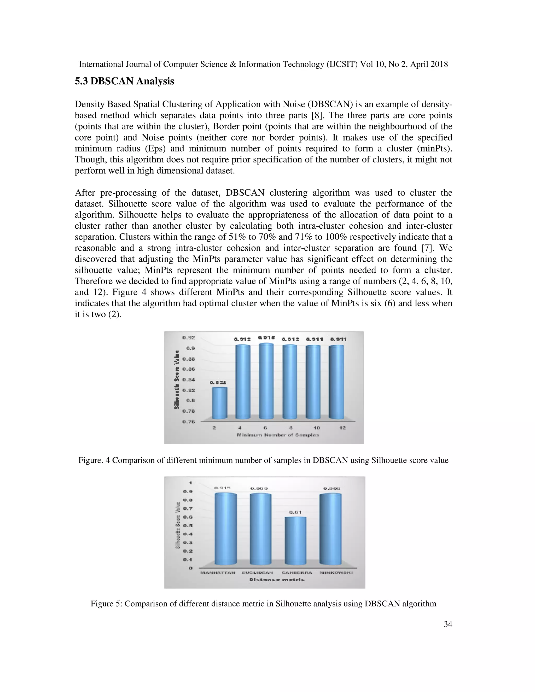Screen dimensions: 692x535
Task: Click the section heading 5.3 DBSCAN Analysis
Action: pos(124,81)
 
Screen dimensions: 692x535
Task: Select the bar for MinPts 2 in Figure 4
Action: pos(219,403)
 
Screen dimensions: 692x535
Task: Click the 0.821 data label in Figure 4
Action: pos(218,383)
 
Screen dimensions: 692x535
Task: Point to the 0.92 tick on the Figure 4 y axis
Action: pos(188,338)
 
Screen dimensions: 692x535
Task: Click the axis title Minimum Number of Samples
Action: pos(278,435)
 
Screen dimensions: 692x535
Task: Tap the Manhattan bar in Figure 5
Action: pos(225,529)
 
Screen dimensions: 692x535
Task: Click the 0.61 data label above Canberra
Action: pos(295,512)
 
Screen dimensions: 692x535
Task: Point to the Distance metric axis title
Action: pos(277,579)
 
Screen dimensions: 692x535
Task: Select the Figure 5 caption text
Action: pos(263,603)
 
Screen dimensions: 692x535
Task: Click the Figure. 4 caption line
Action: pos(263,460)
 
